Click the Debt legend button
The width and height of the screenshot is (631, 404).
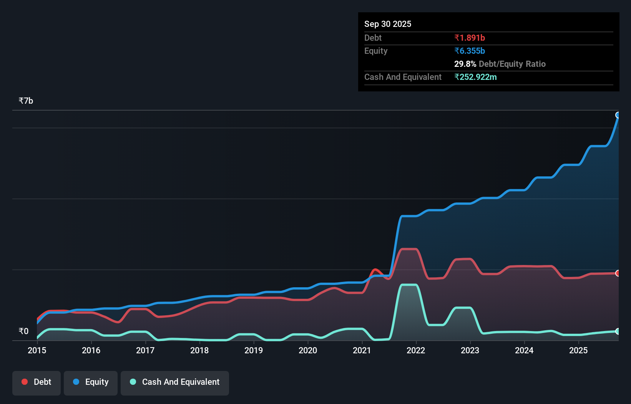click(x=37, y=382)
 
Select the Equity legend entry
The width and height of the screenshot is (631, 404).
click(x=91, y=382)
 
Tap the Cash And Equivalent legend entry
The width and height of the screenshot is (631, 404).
click(x=175, y=382)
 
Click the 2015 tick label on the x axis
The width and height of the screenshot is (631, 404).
click(x=37, y=350)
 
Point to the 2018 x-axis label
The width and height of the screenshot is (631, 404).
click(x=199, y=350)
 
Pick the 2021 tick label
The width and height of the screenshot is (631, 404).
click(x=362, y=350)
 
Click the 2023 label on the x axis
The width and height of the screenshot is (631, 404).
click(x=470, y=350)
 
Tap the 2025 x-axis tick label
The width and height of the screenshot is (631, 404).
click(x=578, y=350)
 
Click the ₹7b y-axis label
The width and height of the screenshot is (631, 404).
click(x=26, y=101)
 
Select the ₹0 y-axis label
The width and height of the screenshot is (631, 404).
click(x=23, y=331)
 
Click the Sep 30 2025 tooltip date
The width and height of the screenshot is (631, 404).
click(x=387, y=24)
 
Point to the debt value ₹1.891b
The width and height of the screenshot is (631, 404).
click(x=469, y=38)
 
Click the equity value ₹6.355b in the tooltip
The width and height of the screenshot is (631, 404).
click(x=469, y=51)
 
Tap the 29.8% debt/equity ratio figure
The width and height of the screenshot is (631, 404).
click(x=465, y=64)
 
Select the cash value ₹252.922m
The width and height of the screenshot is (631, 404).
click(x=475, y=77)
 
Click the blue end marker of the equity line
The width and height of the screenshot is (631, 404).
click(x=618, y=115)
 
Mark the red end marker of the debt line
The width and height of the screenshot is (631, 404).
click(x=618, y=273)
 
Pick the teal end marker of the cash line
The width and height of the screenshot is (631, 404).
click(x=618, y=331)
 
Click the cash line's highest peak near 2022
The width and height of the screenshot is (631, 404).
click(x=408, y=285)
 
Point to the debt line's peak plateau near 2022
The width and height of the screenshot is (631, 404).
click(x=408, y=249)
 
